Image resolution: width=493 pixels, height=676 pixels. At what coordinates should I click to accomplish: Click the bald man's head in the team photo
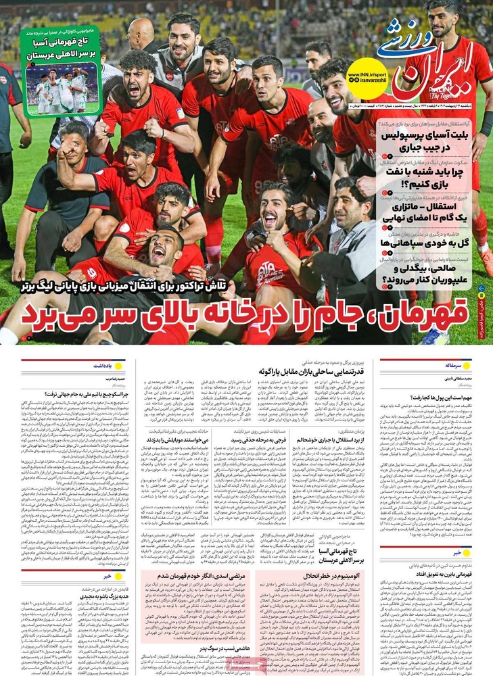coord(141,32)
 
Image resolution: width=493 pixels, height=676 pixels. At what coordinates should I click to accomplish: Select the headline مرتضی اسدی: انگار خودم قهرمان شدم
coord(196,575)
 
